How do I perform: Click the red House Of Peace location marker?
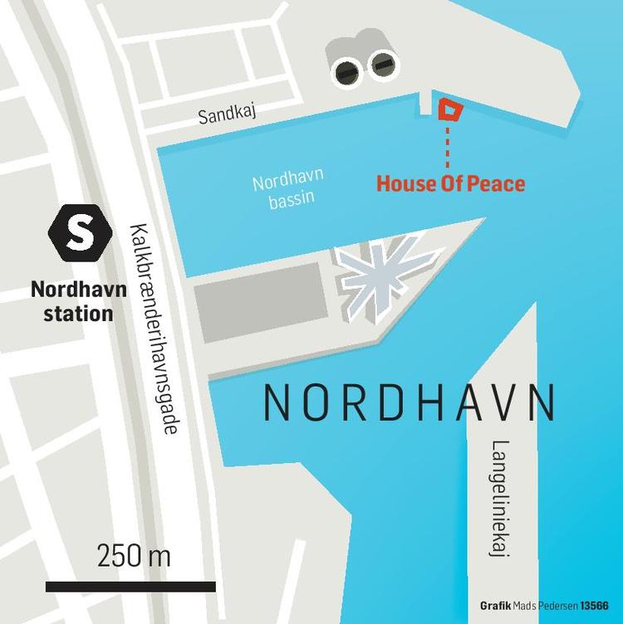[x=449, y=110]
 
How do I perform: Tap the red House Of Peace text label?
[x=450, y=183]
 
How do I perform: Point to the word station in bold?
[x=71, y=314]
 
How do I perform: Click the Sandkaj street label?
[x=224, y=115]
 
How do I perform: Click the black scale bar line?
[x=130, y=587]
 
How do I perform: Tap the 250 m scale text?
[x=134, y=555]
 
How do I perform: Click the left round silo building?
[x=347, y=72]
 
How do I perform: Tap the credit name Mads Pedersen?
[x=547, y=605]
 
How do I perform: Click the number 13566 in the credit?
[x=595, y=605]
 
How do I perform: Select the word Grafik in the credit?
[x=496, y=605]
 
